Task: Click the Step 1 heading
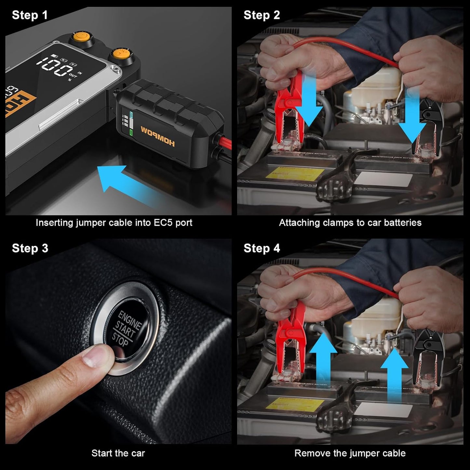click(x=30, y=15)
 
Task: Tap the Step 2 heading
click(x=262, y=15)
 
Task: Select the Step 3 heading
click(x=30, y=248)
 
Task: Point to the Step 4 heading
click(x=262, y=248)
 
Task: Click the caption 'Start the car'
click(x=118, y=453)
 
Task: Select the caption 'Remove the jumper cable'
click(x=350, y=453)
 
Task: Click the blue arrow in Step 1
click(x=130, y=185)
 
